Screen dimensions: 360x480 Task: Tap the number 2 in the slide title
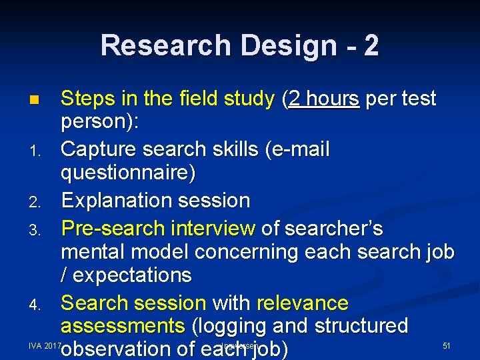[x=371, y=45]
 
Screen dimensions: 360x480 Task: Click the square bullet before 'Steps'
[x=34, y=101]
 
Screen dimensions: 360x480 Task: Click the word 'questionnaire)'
[x=128, y=173]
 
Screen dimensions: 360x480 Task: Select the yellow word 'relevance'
[x=303, y=303]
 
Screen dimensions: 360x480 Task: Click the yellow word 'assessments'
[x=123, y=326]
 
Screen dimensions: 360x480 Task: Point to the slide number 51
[x=447, y=345]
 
